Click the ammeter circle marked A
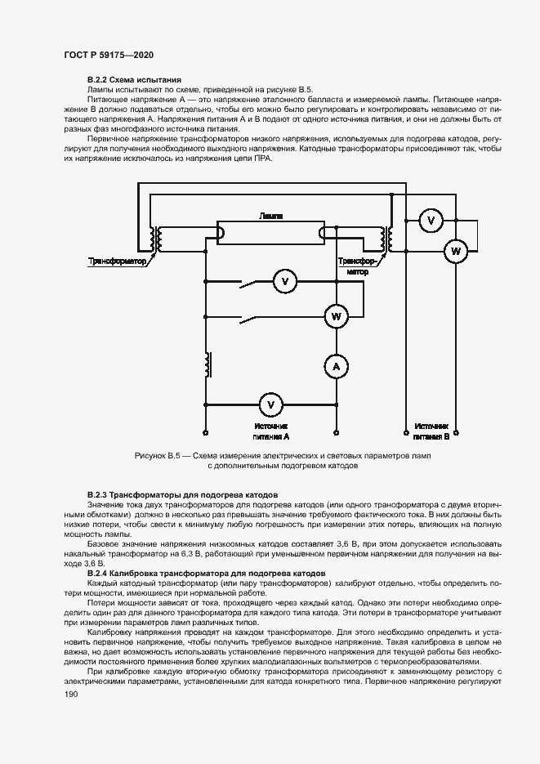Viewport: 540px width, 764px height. click(335, 368)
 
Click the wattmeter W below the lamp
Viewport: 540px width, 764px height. click(335, 315)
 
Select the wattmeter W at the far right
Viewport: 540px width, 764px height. click(455, 252)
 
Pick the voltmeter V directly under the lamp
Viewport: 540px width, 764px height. click(285, 282)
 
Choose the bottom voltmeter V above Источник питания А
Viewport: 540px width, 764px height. click(273, 404)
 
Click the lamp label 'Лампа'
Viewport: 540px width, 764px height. click(270, 216)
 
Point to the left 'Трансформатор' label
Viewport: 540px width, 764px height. click(115, 262)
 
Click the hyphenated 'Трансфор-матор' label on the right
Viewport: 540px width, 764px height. click(357, 266)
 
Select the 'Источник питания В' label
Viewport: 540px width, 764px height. click(431, 431)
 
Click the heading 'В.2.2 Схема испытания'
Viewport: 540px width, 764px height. click(128, 79)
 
